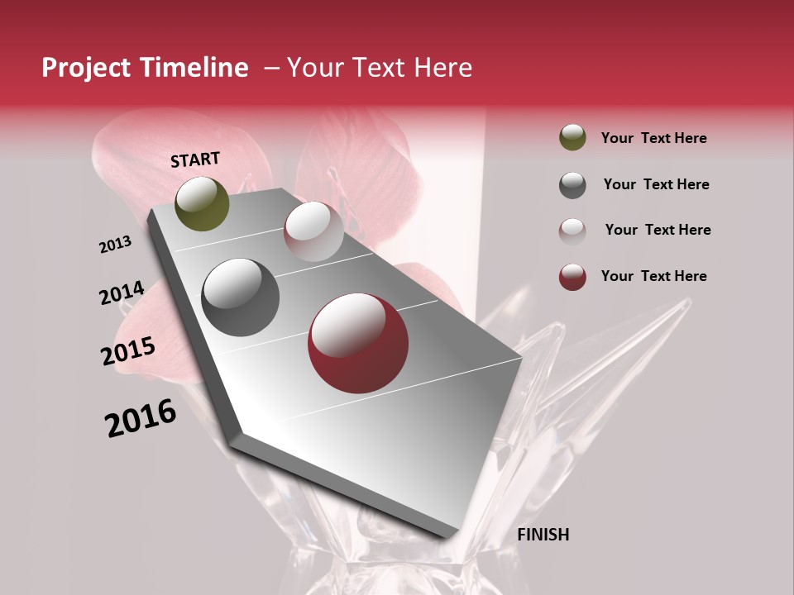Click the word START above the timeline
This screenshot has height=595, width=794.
[195, 159]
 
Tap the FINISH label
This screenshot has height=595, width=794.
[543, 535]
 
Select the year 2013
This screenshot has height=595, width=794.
[115, 245]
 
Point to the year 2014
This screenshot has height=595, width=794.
[122, 293]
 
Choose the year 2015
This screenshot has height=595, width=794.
[128, 352]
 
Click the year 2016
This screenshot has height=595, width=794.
[141, 417]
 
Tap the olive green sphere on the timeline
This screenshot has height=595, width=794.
[202, 203]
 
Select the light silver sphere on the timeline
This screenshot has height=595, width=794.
[313, 231]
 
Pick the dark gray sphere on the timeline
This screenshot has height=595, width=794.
[240, 297]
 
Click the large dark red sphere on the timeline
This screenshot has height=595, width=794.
[358, 343]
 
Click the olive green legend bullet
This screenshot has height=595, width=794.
[572, 137]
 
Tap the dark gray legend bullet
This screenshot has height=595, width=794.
[572, 184]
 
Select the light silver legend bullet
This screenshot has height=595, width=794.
[572, 231]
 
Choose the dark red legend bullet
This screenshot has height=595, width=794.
[572, 277]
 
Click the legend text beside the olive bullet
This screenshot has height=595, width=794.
[653, 138]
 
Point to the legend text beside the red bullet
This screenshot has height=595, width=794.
[653, 276]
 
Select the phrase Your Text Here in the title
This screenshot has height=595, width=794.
[380, 68]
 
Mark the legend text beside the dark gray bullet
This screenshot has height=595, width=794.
[656, 184]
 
